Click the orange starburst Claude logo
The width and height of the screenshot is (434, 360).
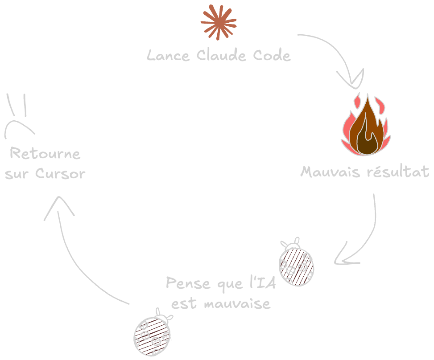point(219,22)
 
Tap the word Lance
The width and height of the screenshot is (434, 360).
point(168,55)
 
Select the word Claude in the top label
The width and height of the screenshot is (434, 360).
point(221,55)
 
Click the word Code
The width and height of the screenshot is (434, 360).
point(272,55)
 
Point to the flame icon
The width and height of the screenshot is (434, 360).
point(366,124)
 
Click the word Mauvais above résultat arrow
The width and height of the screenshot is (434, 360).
point(331,172)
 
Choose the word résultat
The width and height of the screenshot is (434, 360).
point(398,171)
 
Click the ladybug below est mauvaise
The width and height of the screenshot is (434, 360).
point(153,333)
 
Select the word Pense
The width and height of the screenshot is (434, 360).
point(188,283)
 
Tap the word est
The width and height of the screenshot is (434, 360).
point(184,303)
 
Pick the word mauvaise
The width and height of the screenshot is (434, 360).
point(237,303)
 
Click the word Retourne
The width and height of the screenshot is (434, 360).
point(45,153)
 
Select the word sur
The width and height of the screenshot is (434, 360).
point(17,174)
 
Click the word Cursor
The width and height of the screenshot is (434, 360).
point(60,173)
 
